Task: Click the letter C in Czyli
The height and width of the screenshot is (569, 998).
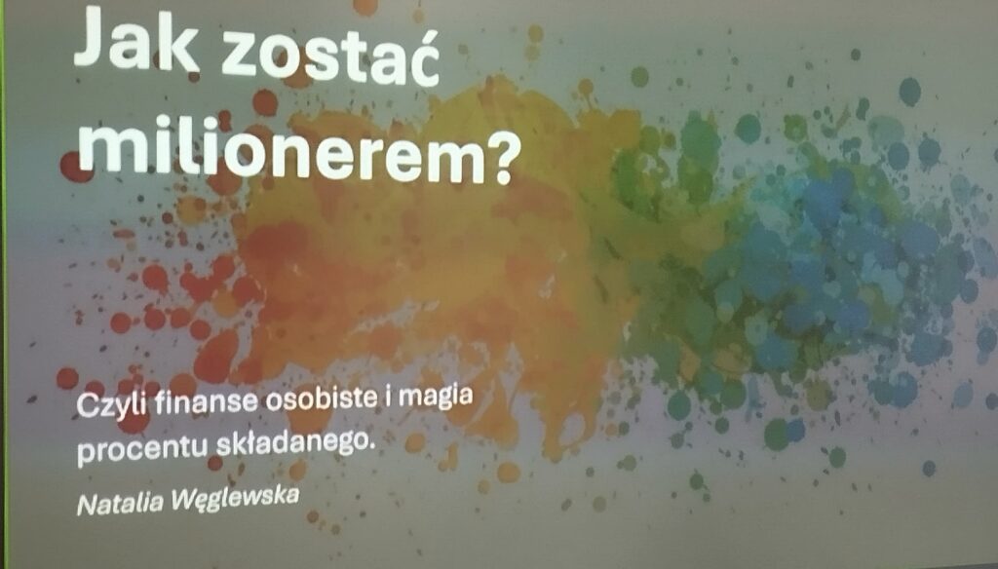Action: [x=87, y=407]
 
